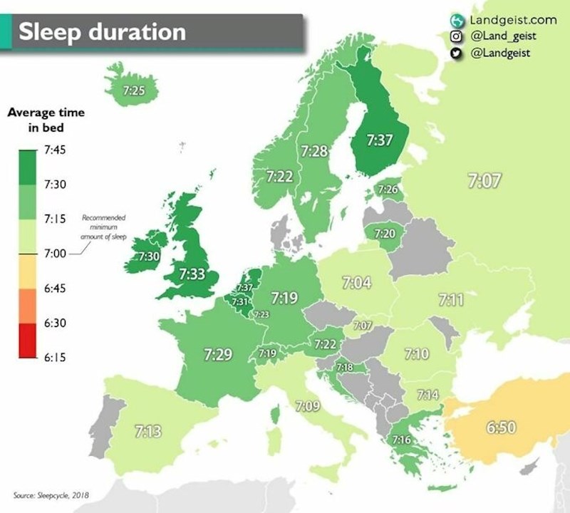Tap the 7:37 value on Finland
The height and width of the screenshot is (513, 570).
(380, 140)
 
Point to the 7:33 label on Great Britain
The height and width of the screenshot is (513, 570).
(192, 273)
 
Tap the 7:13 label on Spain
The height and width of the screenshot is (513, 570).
(147, 430)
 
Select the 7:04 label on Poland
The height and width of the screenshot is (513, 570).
(356, 283)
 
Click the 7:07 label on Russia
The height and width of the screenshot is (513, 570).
(484, 180)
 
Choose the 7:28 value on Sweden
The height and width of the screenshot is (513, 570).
(314, 151)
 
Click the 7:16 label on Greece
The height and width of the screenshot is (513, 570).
(401, 440)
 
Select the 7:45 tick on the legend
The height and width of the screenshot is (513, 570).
(55, 150)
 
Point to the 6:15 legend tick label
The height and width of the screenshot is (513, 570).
(55, 358)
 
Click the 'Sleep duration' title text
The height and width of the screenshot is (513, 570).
(101, 31)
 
